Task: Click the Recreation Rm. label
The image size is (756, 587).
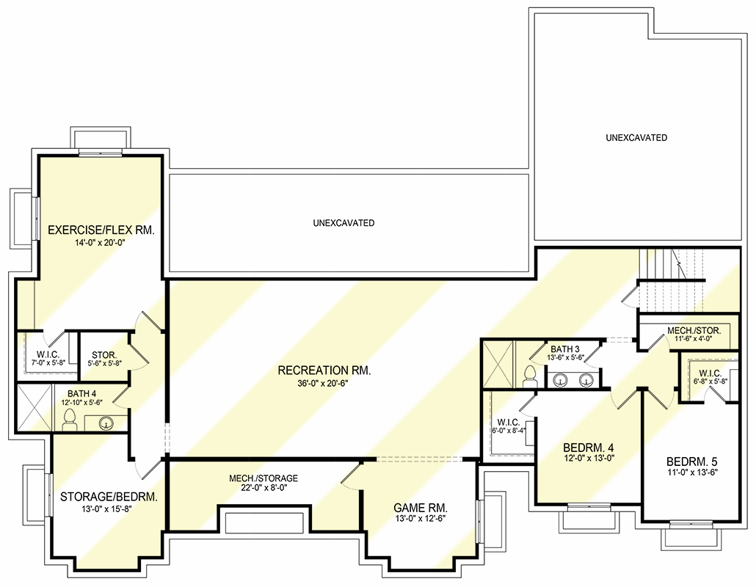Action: point(324,371)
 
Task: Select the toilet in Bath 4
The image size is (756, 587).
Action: point(70,419)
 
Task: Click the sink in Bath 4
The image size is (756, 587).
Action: point(105,423)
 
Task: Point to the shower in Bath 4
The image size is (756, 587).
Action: point(34,409)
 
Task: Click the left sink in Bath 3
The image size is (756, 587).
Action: point(561,379)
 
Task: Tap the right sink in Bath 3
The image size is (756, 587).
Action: point(586,379)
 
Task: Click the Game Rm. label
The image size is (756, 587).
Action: point(421,508)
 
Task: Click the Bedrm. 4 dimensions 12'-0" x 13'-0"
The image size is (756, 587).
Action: point(589,459)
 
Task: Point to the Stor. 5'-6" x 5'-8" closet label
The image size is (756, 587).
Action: point(104,357)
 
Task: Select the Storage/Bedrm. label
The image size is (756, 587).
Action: point(109,497)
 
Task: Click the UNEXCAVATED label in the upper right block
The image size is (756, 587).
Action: point(636,137)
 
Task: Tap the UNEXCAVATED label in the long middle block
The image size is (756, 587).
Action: point(344,222)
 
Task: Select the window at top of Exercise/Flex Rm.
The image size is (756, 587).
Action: point(101,153)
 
